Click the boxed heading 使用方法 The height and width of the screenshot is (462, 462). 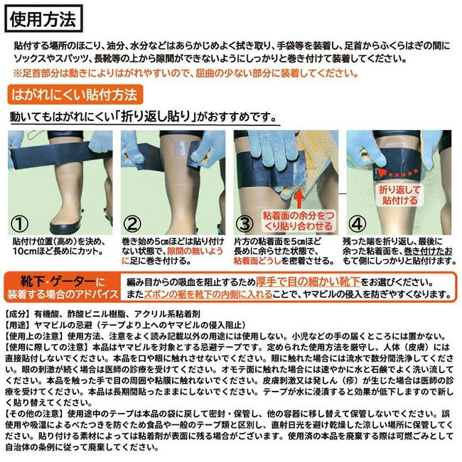(x=43, y=18)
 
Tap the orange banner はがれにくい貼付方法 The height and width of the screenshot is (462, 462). (x=75, y=95)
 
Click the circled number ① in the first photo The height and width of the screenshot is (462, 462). (x=19, y=224)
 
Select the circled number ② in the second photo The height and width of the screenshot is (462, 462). (x=132, y=224)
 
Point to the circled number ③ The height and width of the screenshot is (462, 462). (x=245, y=224)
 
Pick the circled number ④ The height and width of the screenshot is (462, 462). (x=358, y=224)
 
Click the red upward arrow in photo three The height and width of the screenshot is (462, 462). (x=299, y=199)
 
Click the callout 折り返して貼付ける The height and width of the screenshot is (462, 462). (x=399, y=195)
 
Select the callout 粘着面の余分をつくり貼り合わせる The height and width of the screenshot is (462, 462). (x=299, y=221)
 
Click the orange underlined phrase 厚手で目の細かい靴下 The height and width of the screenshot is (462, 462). (x=308, y=282)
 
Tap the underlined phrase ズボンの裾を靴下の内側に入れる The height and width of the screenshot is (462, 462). (x=208, y=294)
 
